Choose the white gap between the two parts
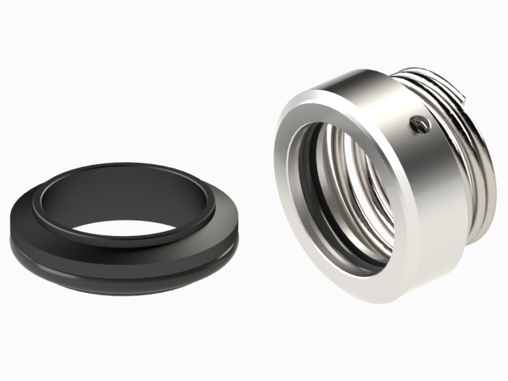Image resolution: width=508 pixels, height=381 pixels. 254,203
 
